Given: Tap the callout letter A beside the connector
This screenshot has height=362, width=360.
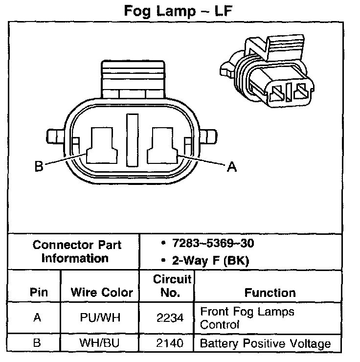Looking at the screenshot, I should (232, 167).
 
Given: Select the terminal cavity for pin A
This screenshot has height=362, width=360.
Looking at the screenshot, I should (165, 145).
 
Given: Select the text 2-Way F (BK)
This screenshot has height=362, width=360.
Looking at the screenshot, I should (210, 260).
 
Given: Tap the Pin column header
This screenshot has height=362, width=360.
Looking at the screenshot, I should (39, 293).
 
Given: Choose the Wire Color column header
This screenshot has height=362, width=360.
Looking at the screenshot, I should (102, 293).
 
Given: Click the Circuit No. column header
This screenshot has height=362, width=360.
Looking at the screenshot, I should (172, 286).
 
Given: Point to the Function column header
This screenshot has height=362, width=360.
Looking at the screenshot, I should (270, 293).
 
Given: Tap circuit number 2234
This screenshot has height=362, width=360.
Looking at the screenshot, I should (171, 318).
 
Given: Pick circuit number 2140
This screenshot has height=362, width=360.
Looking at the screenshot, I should (171, 343).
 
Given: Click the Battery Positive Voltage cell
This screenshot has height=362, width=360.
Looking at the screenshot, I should (265, 343).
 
